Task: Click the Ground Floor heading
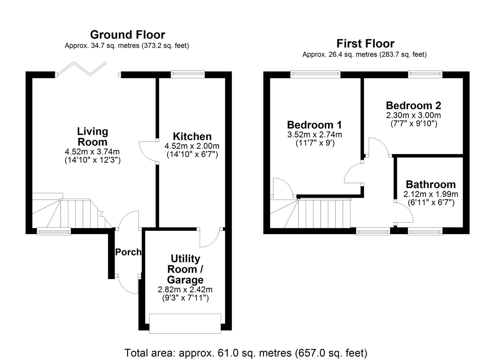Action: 127,35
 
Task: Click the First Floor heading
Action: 365,43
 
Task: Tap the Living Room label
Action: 92,136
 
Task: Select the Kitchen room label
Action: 192,136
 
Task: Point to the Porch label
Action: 128,252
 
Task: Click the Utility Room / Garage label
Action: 185,269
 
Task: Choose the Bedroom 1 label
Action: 314,125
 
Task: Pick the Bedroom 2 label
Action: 413,105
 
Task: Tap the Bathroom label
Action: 431,184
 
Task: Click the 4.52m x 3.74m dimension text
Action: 92,152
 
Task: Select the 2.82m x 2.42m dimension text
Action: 185,289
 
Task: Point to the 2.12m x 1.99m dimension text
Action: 431,194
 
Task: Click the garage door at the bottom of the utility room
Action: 185,323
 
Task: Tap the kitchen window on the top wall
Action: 188,74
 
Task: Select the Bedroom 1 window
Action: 315,74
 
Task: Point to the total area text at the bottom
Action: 246,353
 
